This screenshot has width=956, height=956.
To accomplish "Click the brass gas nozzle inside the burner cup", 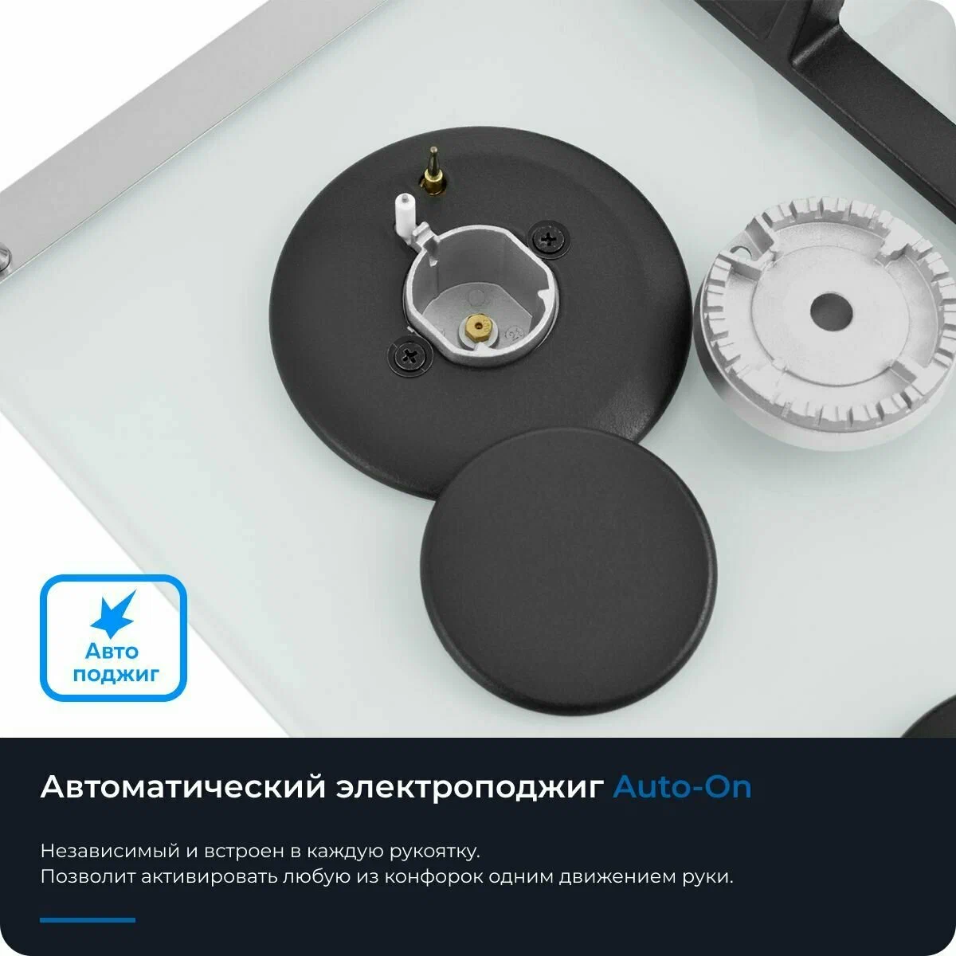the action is [478, 327].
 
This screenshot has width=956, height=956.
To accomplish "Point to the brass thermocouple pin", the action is [433, 171].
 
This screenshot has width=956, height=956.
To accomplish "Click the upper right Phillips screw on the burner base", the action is [549, 240].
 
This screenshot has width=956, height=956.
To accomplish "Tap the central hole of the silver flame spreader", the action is [831, 311].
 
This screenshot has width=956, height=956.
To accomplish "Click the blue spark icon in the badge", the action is [114, 614].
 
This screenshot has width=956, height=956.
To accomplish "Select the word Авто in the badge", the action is [112, 650].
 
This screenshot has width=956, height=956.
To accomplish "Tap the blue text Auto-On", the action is [682, 787].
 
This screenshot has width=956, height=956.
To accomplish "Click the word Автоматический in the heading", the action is [183, 787].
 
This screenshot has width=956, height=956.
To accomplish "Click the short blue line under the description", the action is [88, 920].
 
